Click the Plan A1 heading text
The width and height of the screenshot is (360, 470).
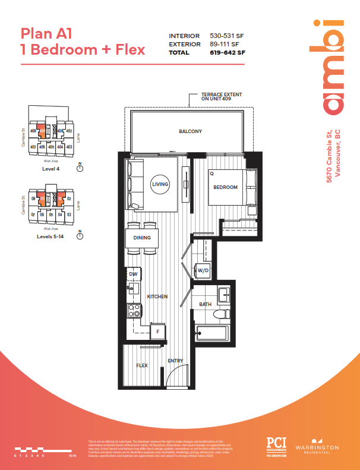[47, 33]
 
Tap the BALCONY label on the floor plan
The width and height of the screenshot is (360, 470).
[190, 131]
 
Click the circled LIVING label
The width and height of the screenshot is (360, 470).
[160, 185]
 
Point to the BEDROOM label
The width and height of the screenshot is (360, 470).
[226, 187]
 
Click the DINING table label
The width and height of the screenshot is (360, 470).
[141, 238]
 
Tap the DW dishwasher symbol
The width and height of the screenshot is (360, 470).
[133, 274]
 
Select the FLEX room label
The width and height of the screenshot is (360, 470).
[142, 365]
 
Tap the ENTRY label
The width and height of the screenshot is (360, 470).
[175, 361]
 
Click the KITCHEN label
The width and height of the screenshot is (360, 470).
[157, 296]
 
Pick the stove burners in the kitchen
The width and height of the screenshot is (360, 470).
[134, 310]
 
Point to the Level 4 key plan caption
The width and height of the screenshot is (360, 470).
[50, 169]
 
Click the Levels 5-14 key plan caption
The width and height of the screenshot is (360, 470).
[50, 236]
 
